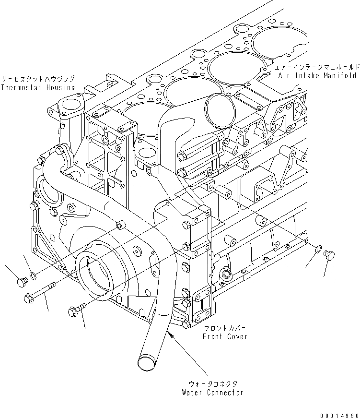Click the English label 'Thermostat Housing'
(37, 87)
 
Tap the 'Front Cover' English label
(225, 337)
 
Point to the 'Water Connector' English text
(212, 393)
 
